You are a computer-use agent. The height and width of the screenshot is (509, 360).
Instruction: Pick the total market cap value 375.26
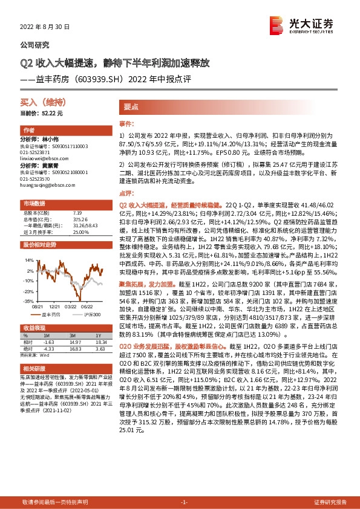coord(80,219)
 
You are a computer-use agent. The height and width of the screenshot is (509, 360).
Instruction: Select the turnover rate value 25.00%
coord(81,232)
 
